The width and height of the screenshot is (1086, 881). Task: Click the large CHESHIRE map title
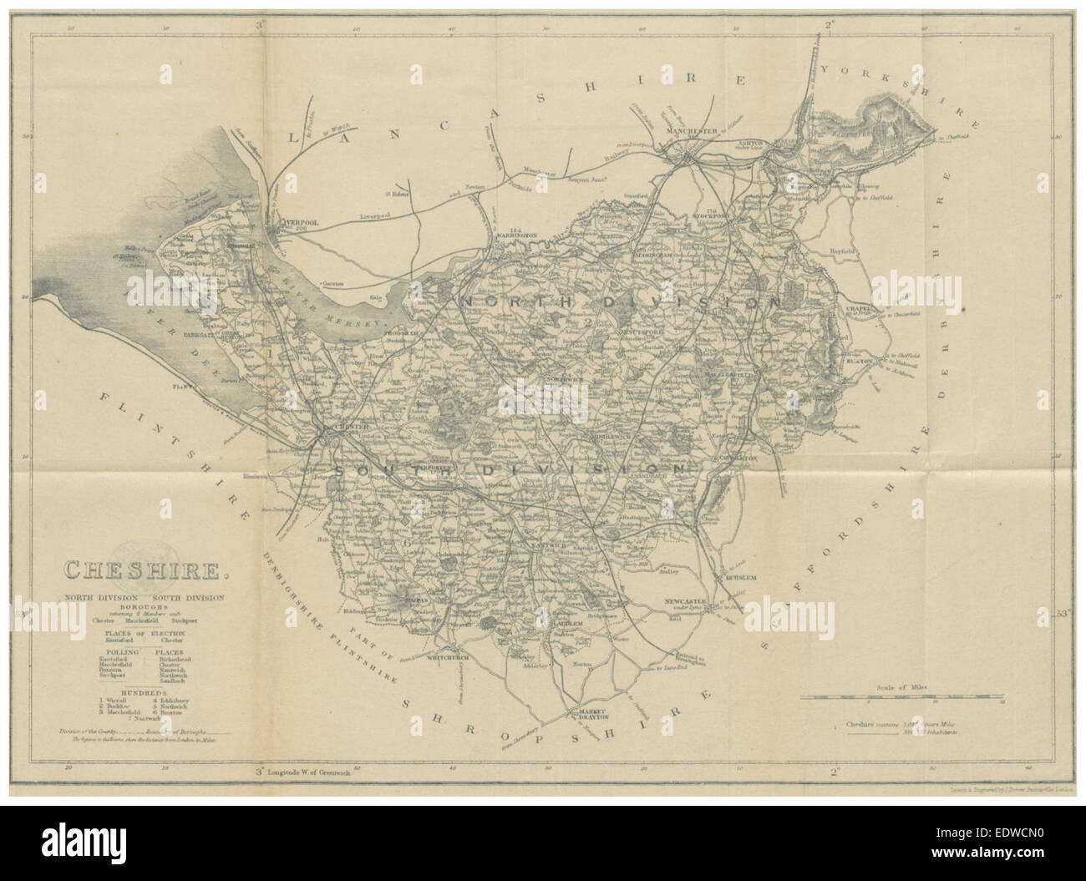(x=144, y=572)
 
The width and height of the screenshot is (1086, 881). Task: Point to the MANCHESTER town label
(x=691, y=132)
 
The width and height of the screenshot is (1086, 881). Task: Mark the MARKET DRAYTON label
(x=585, y=715)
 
